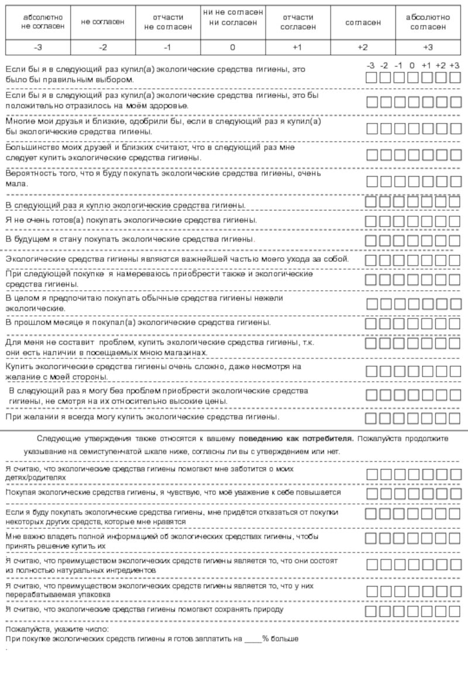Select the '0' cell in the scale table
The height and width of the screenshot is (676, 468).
click(232, 47)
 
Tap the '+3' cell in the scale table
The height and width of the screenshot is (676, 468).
click(428, 47)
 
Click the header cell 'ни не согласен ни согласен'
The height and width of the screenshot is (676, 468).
click(232, 18)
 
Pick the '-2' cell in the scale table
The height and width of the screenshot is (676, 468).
click(102, 47)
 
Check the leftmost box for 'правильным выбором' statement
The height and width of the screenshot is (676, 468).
click(371, 78)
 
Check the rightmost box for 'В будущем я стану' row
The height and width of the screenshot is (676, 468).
click(455, 240)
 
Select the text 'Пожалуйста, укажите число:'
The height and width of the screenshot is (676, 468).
click(57, 629)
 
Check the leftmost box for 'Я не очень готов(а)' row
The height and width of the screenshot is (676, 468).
click(371, 221)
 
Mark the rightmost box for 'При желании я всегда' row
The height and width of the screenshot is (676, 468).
click(455, 418)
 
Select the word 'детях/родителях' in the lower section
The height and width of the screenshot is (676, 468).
click(36, 477)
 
